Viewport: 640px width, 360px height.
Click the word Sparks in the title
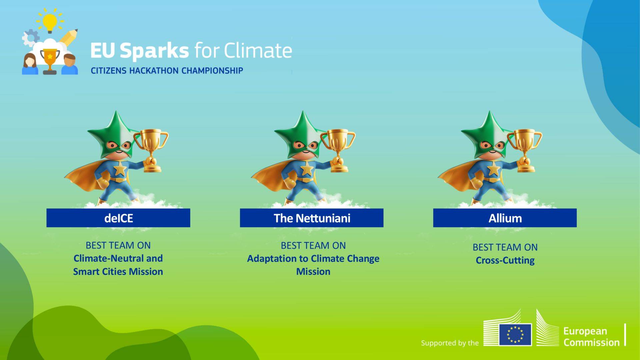point(154,51)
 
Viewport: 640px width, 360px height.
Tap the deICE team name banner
point(118,218)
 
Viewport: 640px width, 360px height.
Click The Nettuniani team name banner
point(312,218)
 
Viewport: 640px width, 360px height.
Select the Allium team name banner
point(505,218)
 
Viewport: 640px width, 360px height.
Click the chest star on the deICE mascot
point(120,170)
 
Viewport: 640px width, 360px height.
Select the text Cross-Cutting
point(505,260)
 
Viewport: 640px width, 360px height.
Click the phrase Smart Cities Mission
point(118,272)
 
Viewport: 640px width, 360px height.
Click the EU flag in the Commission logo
point(515,334)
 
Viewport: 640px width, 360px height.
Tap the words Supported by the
point(450,343)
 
